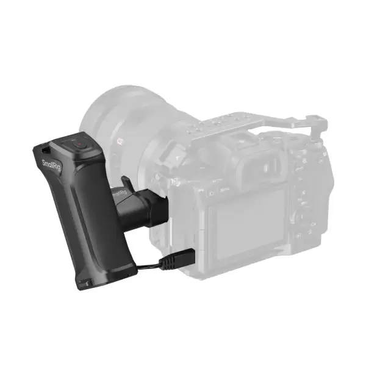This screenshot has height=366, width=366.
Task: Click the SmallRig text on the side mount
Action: [x=120, y=194]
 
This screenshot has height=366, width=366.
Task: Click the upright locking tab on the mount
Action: [x=127, y=182]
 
